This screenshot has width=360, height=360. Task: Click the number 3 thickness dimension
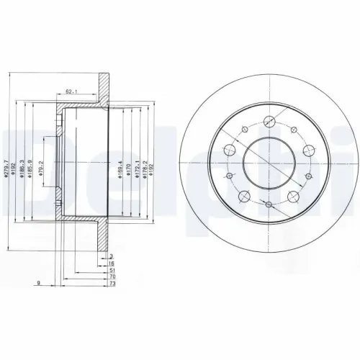[111, 257]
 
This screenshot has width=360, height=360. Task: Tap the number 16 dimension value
[111, 265]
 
